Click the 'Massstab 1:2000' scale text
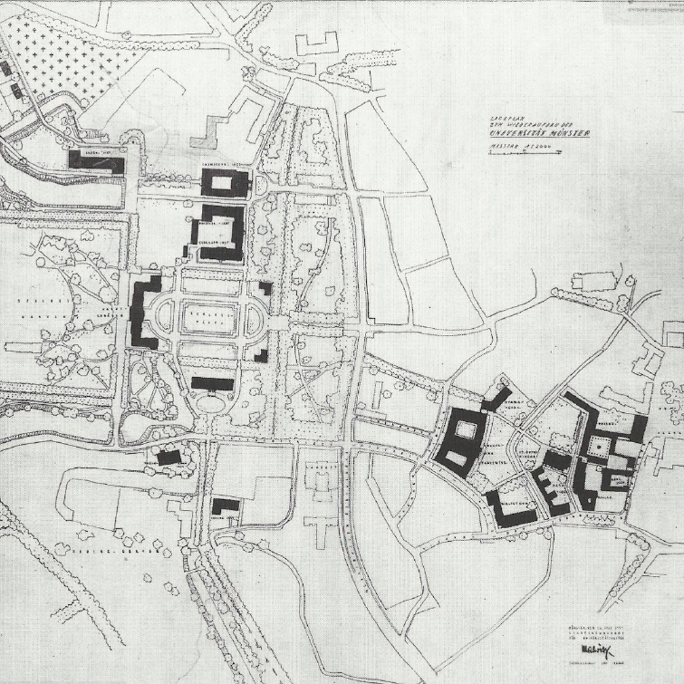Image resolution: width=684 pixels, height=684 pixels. (511, 146)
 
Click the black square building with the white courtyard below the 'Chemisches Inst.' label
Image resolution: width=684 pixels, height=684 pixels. (224, 184)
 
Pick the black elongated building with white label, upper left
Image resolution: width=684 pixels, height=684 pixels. (96, 159)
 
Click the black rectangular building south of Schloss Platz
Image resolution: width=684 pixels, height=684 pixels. (212, 384)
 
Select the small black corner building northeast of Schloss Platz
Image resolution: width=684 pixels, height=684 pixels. (265, 289)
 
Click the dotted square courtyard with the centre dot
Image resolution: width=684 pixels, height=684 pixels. (599, 448)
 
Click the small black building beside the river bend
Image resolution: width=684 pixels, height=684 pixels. (168, 458)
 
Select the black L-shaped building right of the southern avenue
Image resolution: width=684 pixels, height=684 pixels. (225, 506)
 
